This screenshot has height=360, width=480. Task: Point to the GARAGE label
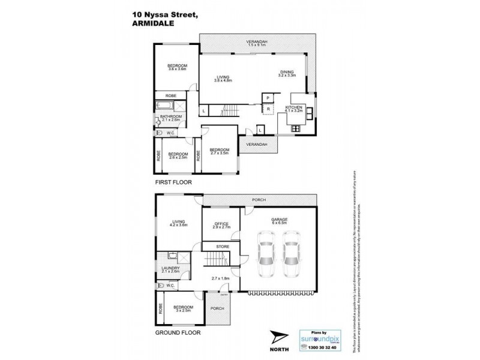tap(279, 220)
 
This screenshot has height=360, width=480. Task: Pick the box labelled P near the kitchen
tap(266, 98)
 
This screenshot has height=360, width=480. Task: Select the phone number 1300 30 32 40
tap(318, 348)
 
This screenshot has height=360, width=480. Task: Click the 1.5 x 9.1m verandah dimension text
tap(257, 46)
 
